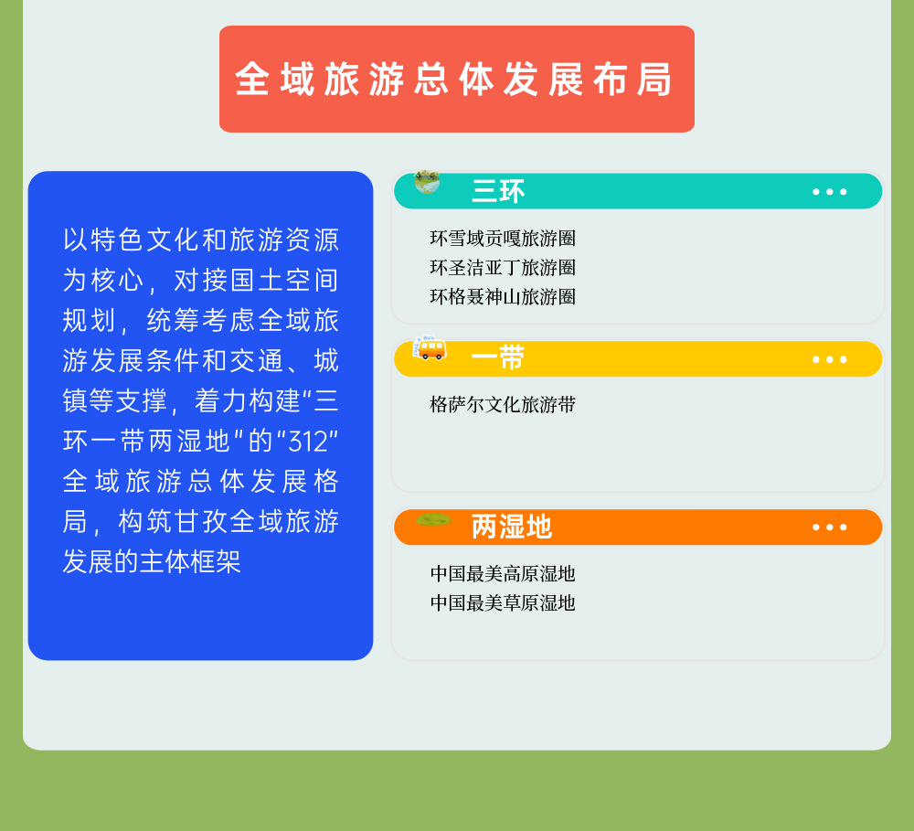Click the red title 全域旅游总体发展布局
[x=453, y=80]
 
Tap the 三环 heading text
[x=498, y=191]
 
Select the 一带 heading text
[x=498, y=358]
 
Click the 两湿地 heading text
[x=511, y=527]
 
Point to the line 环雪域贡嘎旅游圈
[x=503, y=239]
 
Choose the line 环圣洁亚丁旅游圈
[x=503, y=268]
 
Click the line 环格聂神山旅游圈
[x=503, y=297]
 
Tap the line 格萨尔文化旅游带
[x=503, y=404]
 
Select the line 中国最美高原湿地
[x=503, y=574]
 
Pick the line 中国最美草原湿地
[x=503, y=603]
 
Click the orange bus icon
[x=430, y=348]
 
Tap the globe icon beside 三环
[x=427, y=181]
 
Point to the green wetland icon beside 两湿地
[x=433, y=519]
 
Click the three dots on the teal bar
[x=830, y=191]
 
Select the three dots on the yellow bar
[x=830, y=359]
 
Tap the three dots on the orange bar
[x=830, y=527]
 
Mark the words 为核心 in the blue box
[x=102, y=280]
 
